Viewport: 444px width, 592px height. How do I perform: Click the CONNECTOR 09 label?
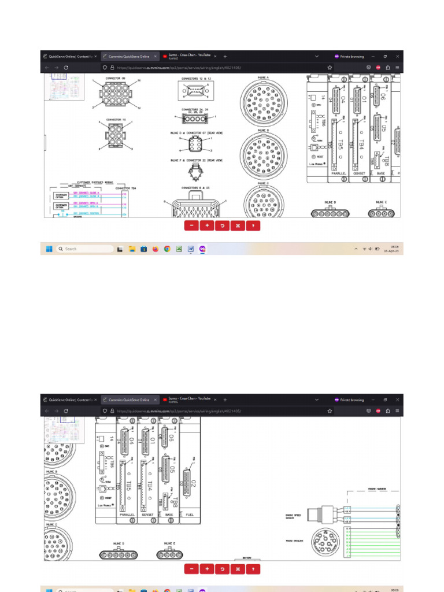pyautogui.click(x=116, y=77)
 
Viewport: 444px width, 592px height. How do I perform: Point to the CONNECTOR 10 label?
pyautogui.click(x=116, y=120)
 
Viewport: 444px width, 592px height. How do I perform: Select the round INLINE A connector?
pyautogui.click(x=264, y=102)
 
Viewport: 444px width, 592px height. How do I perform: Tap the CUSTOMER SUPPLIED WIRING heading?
pyautogui.click(x=87, y=182)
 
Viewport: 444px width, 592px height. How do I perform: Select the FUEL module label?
pyautogui.click(x=189, y=513)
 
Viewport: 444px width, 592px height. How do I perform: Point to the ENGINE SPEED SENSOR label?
pyautogui.click(x=293, y=515)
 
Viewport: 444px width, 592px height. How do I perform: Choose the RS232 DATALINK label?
pyautogui.click(x=293, y=541)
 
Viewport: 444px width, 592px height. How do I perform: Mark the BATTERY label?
pyautogui.click(x=246, y=558)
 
